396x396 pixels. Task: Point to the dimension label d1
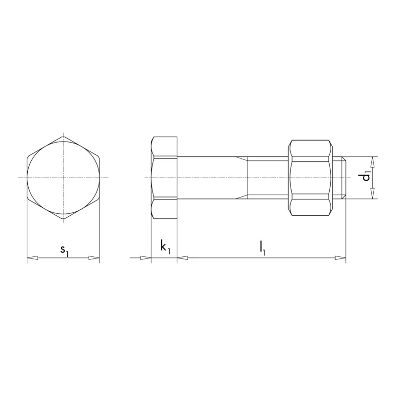[366, 177]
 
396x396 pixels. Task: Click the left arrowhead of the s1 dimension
[32, 258]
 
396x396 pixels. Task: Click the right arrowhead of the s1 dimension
[94, 258]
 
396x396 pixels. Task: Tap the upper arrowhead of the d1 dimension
[373, 162]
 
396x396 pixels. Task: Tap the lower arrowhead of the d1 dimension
[373, 194]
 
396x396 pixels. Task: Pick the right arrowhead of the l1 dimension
[340, 258]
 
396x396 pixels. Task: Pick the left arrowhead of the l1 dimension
[182, 258]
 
